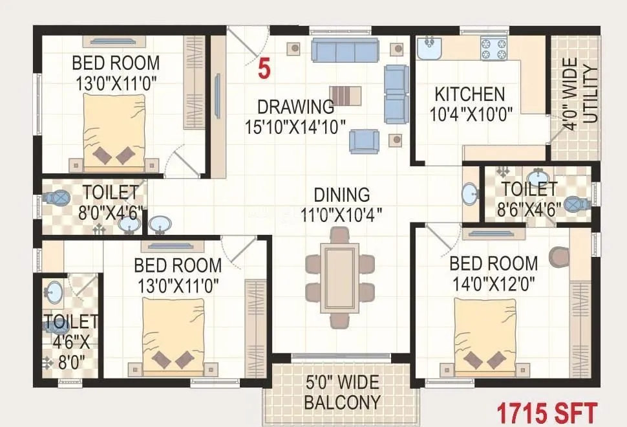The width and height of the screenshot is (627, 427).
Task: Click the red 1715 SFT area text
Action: (x=547, y=411)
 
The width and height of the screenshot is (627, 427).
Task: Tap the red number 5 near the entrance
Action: (x=264, y=69)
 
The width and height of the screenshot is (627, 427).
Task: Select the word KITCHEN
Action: (x=469, y=94)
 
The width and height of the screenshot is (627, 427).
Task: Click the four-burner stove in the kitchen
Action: (x=494, y=49)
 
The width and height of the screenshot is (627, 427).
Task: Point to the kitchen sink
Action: (x=428, y=48)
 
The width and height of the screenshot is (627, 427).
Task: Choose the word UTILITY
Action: (x=590, y=94)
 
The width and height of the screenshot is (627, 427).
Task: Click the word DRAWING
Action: (x=295, y=106)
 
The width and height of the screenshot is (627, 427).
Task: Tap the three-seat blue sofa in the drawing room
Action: (x=345, y=50)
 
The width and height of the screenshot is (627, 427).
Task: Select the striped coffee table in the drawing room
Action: (x=344, y=96)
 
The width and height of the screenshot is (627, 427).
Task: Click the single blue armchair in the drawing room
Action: (x=364, y=141)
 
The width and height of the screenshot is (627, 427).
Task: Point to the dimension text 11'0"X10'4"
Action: (x=341, y=214)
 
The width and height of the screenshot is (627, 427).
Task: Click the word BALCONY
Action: (x=342, y=402)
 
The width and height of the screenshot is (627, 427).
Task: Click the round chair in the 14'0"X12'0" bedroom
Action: (x=559, y=257)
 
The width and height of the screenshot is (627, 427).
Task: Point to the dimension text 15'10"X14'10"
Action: (x=295, y=126)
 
